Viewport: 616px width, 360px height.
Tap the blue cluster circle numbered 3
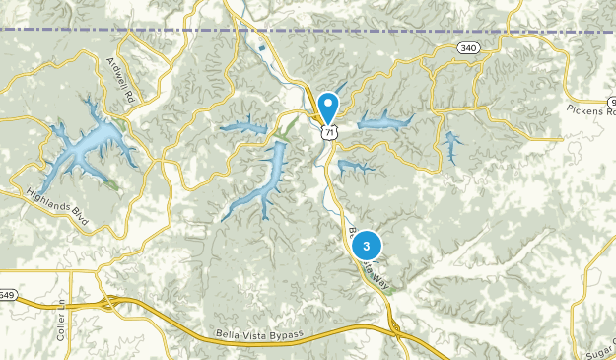(367, 245)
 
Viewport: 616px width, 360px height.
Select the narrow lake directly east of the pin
(385, 122)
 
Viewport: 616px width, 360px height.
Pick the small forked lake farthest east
(451, 146)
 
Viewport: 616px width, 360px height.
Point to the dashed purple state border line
(148, 32)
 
